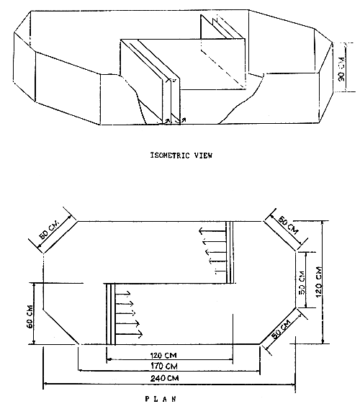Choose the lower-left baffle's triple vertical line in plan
click(x=109, y=313)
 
